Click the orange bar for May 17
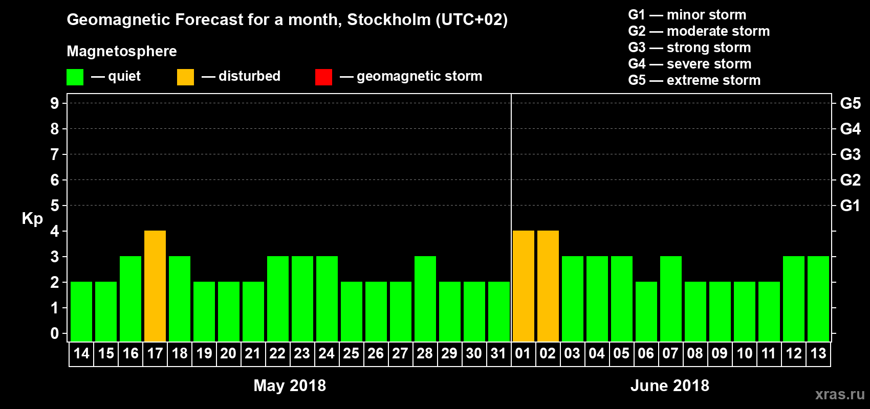coord(155,286)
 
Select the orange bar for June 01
coord(523,286)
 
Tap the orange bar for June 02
coord(548,286)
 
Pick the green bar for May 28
coord(425,299)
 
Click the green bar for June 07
coord(670,299)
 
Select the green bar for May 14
coord(81,312)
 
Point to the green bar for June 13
coord(818,299)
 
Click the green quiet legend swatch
coord(75,77)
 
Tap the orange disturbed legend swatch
coord(185,77)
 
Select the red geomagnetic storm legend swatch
coord(323,77)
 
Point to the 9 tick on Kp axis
coord(55,103)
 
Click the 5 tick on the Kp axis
coord(55,206)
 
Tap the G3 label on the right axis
coord(850,154)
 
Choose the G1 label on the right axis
coord(850,206)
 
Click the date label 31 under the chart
coord(498,353)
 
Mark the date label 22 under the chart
coord(277,353)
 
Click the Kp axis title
coord(32,219)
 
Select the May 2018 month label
coord(290,385)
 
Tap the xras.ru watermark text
coord(840,394)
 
